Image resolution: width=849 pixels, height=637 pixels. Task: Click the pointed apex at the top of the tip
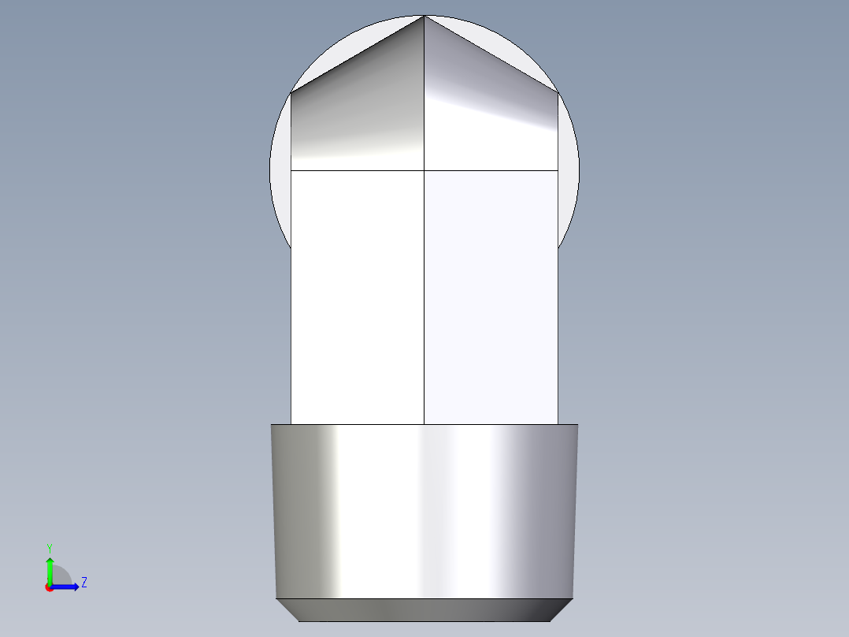(x=424, y=17)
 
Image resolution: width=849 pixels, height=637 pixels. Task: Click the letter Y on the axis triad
(x=49, y=547)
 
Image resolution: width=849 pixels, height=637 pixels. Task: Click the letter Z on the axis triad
(x=84, y=583)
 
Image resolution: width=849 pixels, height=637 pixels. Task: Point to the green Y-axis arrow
(x=50, y=568)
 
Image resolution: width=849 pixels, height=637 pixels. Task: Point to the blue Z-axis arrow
(x=68, y=587)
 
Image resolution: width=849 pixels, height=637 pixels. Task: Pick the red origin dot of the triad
(x=49, y=587)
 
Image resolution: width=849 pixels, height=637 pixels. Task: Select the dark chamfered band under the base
(x=424, y=609)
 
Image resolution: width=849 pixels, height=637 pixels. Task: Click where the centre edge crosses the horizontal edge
(x=424, y=170)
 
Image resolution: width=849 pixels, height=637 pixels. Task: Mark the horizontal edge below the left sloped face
(x=358, y=170)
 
